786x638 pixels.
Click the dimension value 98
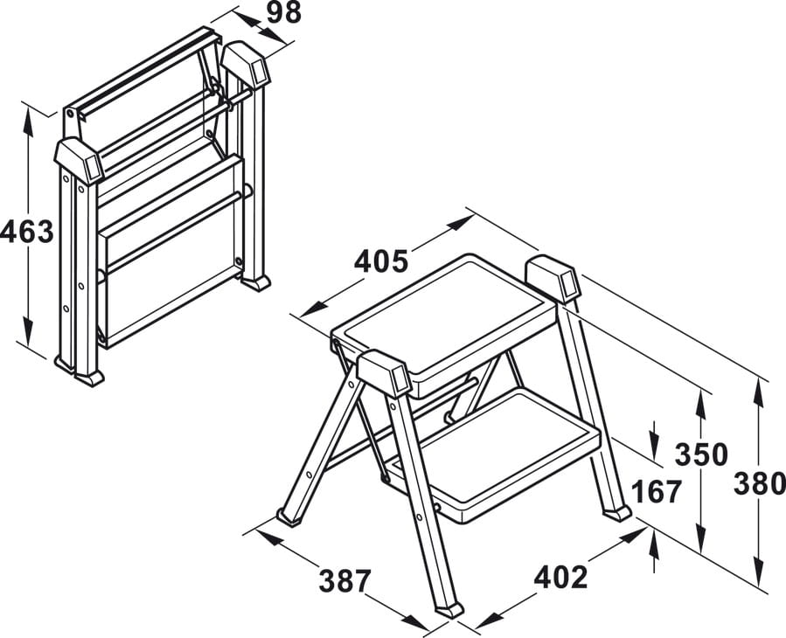point(283,13)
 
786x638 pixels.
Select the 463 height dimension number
point(26,232)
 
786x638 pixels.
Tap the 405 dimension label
point(381,261)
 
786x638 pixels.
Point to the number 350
point(700,454)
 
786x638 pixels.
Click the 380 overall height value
point(760,484)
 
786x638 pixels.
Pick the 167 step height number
point(657,491)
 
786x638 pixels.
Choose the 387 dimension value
point(344,581)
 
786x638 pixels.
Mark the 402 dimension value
point(560,578)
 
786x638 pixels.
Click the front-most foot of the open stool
point(449,609)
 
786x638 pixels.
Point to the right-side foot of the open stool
point(616,514)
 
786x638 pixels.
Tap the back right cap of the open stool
point(553,279)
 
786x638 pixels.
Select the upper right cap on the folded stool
point(246,64)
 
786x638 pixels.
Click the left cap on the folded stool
point(80,162)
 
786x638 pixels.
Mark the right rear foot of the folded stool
point(255,283)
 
